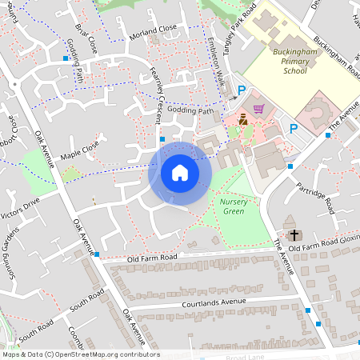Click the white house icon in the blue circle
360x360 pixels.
[180, 173]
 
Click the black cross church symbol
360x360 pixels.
[294, 234]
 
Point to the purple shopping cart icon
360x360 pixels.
[258, 109]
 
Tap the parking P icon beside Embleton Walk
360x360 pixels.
[242, 91]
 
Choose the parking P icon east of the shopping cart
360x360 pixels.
[294, 128]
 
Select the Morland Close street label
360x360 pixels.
[152, 32]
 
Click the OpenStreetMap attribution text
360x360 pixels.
[80, 354]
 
